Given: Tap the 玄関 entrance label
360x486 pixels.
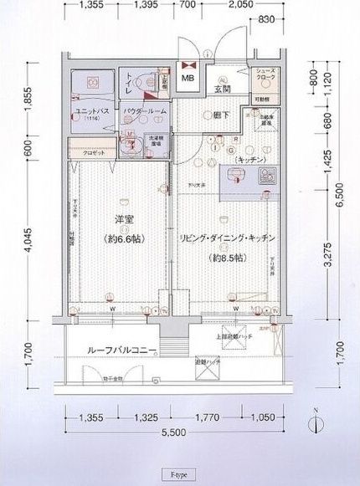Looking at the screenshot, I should (x=222, y=89).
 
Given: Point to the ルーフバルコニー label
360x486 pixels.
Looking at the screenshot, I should (x=116, y=350).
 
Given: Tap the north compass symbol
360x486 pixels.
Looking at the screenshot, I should (x=316, y=423).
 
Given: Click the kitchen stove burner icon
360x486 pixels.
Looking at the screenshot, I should (x=269, y=176).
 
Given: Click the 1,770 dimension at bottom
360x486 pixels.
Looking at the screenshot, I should (x=205, y=417).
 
